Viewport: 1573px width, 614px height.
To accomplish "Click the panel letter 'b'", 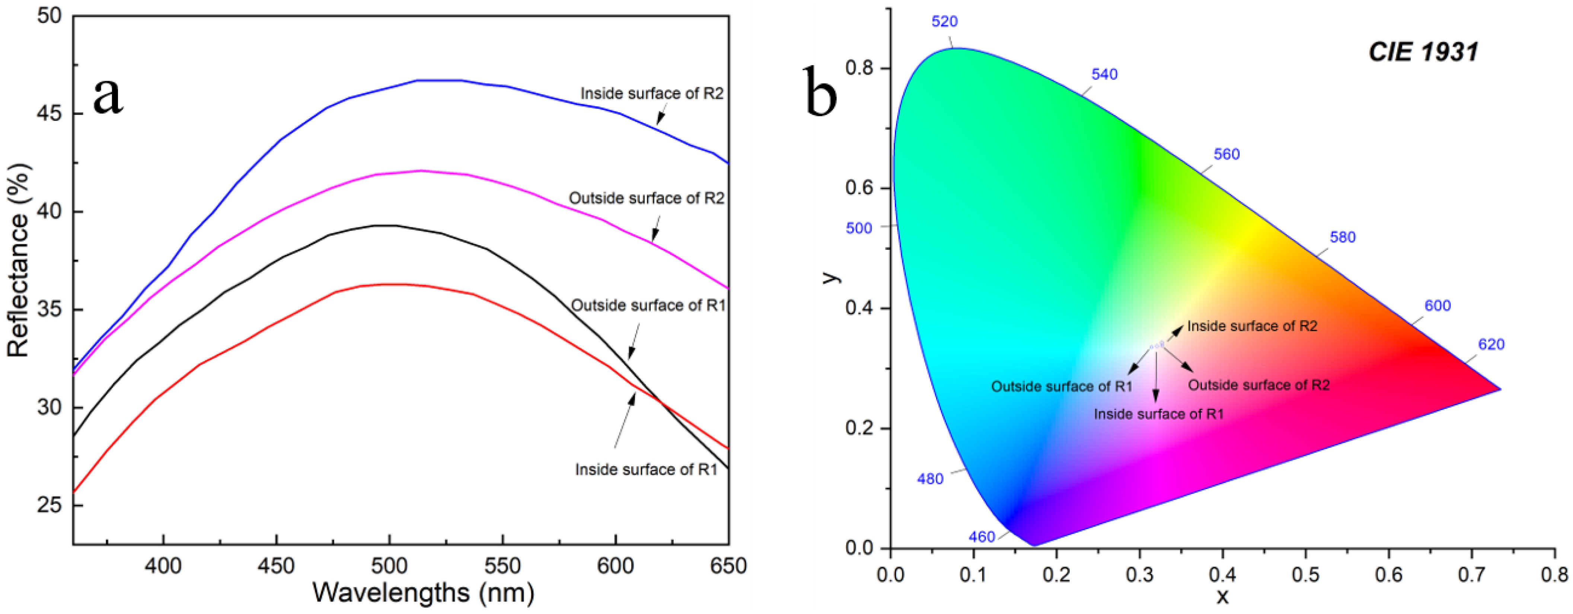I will pyautogui.click(x=821, y=93).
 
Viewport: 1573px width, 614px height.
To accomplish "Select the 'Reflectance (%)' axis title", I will pyautogui.click(x=18, y=260).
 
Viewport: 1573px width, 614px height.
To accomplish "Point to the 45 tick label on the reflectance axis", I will pyautogui.click(x=50, y=114).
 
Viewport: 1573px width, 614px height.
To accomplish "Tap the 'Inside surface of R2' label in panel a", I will pyautogui.click(x=651, y=93).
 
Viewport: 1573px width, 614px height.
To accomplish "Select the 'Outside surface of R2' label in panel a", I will pyautogui.click(x=646, y=198).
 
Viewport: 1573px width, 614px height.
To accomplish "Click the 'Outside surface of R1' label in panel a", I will pyautogui.click(x=648, y=305).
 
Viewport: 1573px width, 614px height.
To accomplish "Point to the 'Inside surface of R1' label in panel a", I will pyautogui.click(x=646, y=469).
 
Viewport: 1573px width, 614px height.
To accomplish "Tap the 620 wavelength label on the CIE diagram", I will pyautogui.click(x=1491, y=345).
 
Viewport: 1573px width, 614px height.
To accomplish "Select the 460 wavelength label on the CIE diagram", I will pyautogui.click(x=981, y=537).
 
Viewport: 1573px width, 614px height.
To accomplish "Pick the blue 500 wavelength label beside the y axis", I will pyautogui.click(x=859, y=228).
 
